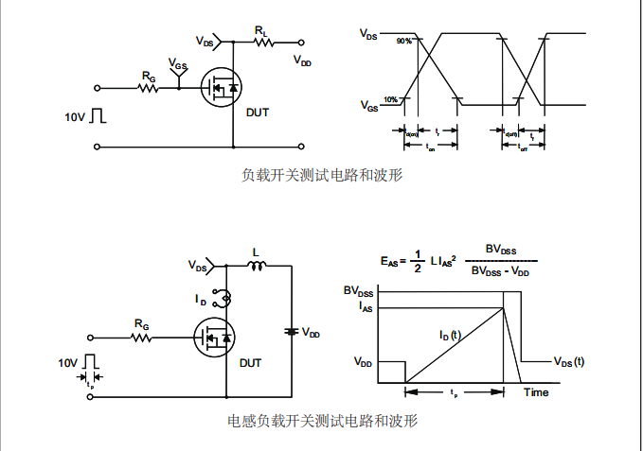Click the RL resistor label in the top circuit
260,31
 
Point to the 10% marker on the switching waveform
390,99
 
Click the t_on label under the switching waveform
430,148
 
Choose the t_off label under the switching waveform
523,148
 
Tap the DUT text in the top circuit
257,113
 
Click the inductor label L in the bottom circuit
255,252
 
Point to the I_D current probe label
201,300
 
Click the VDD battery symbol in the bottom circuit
291,332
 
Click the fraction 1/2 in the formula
417,261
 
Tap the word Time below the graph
537,391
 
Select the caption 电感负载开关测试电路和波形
322,420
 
